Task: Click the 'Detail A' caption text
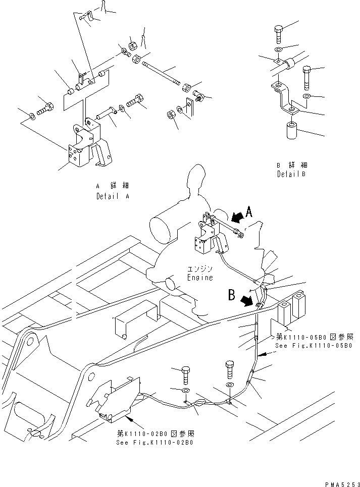click(113, 196)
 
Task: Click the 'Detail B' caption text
click(292, 174)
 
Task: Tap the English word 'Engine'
click(199, 278)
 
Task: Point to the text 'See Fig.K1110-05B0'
click(313, 346)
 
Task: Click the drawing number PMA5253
click(341, 482)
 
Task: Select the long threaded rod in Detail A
click(162, 73)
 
